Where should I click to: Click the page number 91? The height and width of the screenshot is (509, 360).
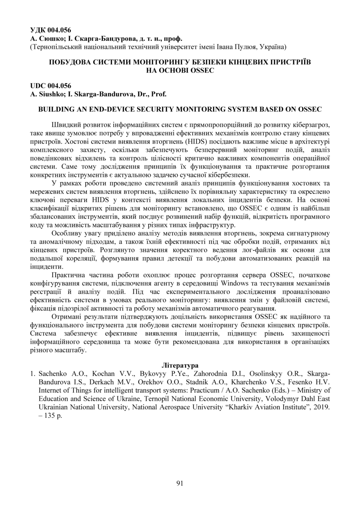[x=180, y=483]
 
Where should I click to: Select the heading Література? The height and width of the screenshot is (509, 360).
[x=180, y=365]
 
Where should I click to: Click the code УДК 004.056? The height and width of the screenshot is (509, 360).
[x=50, y=30]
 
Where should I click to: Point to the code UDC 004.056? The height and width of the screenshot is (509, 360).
[x=50, y=86]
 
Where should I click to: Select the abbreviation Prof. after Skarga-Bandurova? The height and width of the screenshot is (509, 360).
[x=158, y=94]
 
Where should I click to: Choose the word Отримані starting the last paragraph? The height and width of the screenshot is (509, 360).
[x=67, y=317]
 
